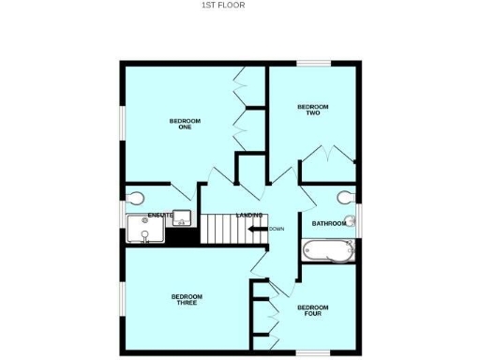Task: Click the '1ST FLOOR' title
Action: coord(223,5)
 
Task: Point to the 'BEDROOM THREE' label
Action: coord(187,300)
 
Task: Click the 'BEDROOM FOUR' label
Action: coord(313,310)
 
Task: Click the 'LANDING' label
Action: coord(249,217)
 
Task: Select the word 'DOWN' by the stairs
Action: coord(276,229)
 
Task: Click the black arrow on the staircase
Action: coord(257,229)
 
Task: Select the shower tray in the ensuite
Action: coord(144,228)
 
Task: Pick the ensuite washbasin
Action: coord(182,218)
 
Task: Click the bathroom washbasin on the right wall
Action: coord(350,221)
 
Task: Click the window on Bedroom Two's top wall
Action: coord(312,63)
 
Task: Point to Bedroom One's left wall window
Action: coord(122,122)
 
